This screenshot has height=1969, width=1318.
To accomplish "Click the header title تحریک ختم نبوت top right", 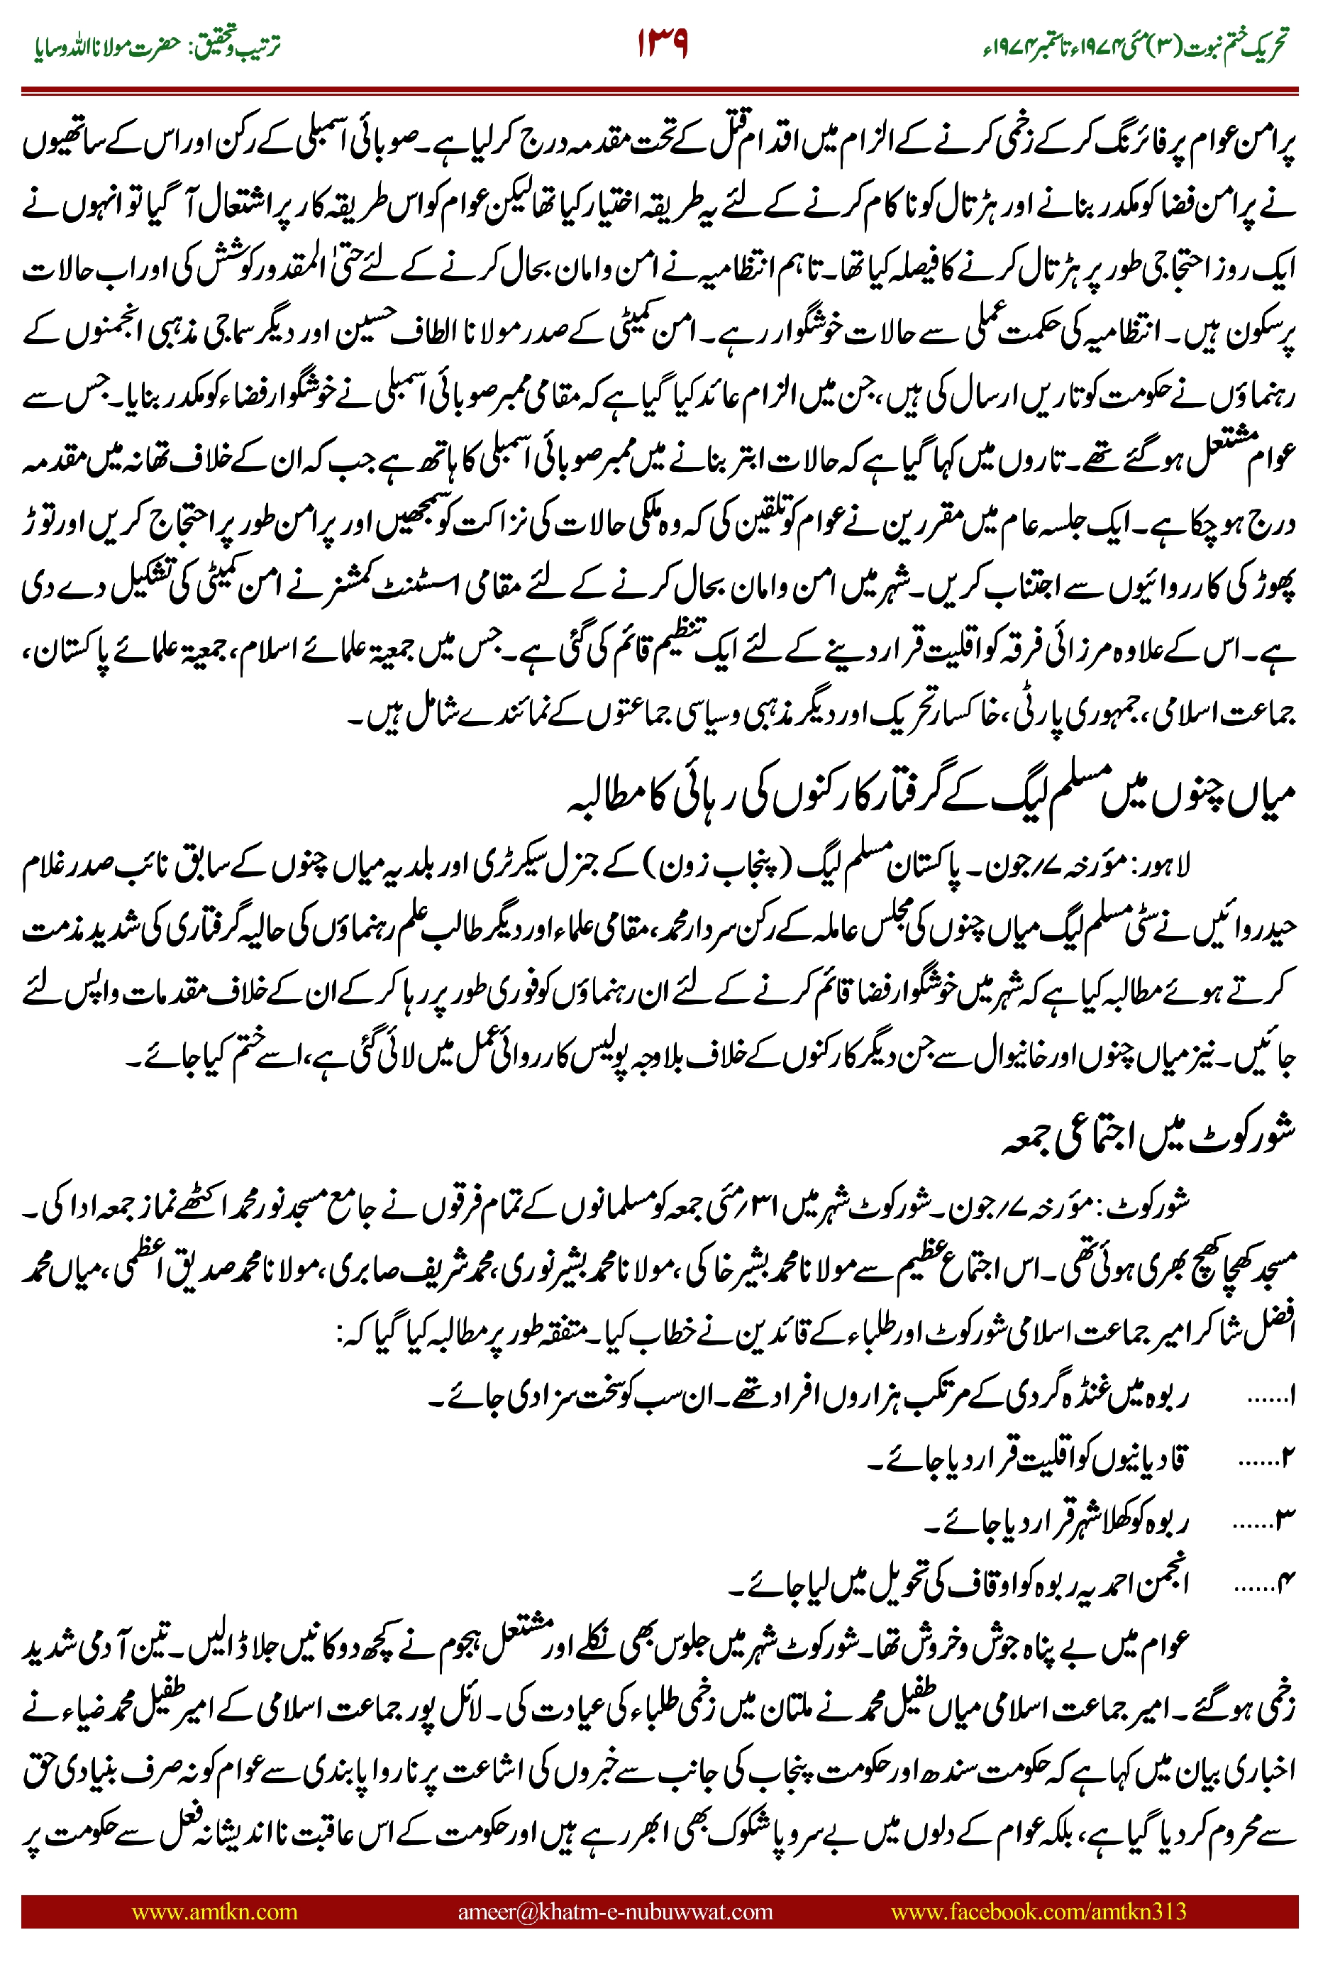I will click(x=1135, y=46).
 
